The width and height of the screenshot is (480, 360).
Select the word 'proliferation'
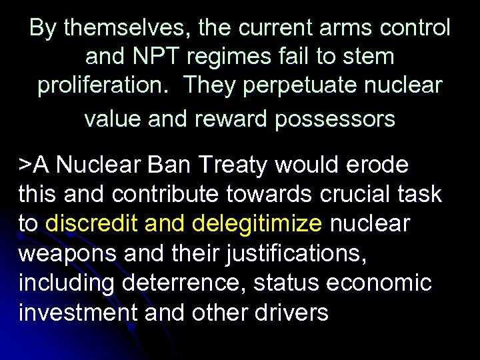pos(106,86)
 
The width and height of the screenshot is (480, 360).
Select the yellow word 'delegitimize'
pos(257,223)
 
